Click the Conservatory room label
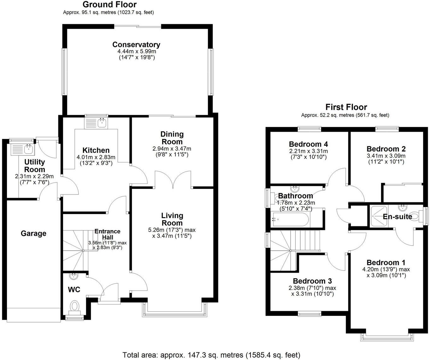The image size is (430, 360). [x=136, y=44]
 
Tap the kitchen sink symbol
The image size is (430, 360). [x=102, y=123]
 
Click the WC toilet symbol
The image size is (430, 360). [x=75, y=306]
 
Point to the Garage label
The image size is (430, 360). [x=33, y=233]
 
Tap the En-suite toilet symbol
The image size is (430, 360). [x=416, y=217]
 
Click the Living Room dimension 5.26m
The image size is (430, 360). [x=157, y=230]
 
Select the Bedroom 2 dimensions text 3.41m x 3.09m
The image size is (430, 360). [x=386, y=156]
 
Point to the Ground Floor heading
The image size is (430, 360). [x=109, y=4]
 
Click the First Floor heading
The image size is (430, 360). [x=346, y=107]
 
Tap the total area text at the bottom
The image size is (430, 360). [x=211, y=355]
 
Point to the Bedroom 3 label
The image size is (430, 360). [x=312, y=281]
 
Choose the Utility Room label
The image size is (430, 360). [x=35, y=165]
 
